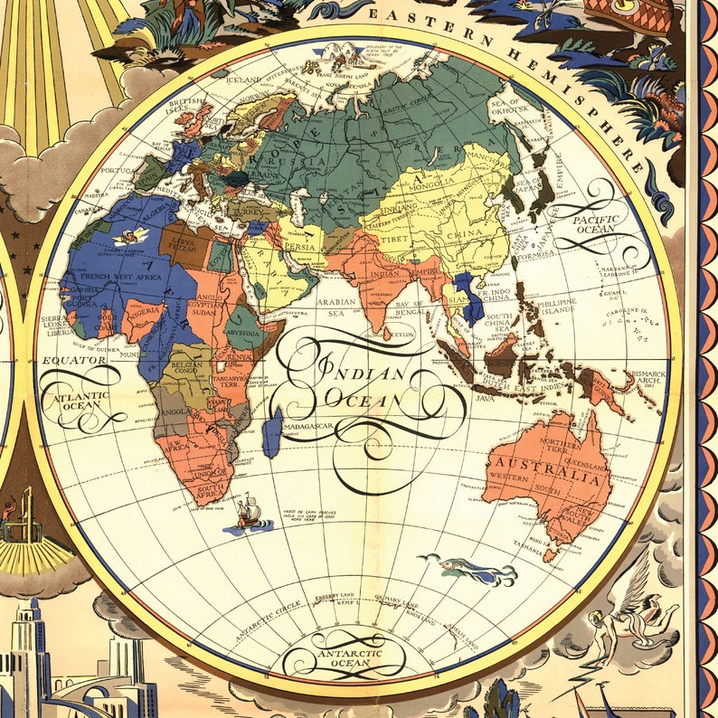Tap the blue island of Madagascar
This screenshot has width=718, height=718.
click(271, 431)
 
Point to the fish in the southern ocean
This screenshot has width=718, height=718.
click(470, 570)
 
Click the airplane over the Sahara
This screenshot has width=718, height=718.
click(133, 237)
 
